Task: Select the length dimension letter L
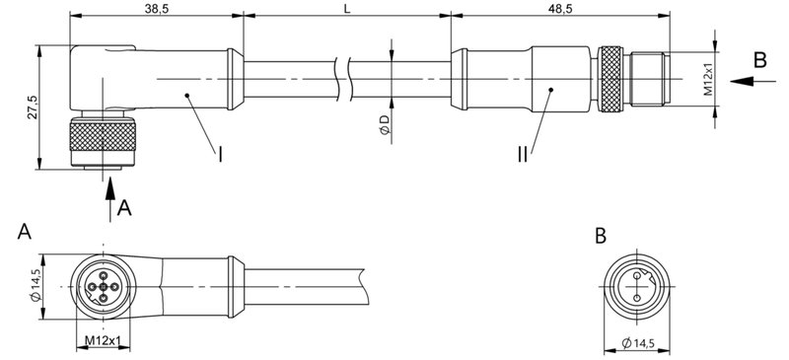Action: [x=345, y=8]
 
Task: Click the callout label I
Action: [x=220, y=155]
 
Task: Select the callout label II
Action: [x=521, y=155]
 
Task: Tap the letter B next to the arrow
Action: [x=759, y=60]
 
